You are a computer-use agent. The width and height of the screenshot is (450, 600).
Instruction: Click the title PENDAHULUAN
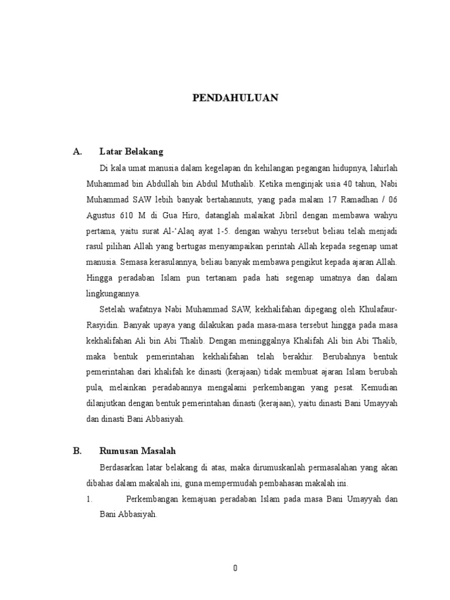coord(235,98)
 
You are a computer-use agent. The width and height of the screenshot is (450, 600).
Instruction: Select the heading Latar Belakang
coord(131,152)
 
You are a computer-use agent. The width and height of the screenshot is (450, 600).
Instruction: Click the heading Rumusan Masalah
coord(138,451)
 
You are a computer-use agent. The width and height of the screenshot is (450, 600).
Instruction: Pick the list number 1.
coord(89,499)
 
